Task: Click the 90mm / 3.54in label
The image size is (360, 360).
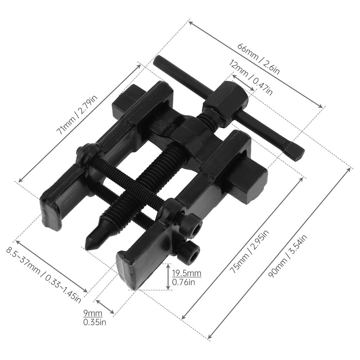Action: point(287,257)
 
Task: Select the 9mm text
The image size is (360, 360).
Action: point(92,313)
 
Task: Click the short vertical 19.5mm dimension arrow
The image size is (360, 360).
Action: point(168,277)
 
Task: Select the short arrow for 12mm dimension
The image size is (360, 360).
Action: point(243,83)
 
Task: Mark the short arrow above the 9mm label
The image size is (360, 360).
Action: point(105,307)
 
